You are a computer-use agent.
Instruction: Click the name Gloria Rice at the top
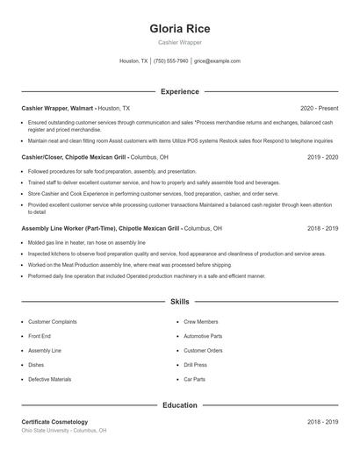pyautogui.click(x=179, y=28)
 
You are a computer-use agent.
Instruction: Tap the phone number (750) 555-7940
pyautogui.click(x=170, y=61)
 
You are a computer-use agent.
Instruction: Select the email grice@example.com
pyautogui.click(x=217, y=61)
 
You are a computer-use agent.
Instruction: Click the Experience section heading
pyautogui.click(x=179, y=91)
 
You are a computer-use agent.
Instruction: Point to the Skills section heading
pyautogui.click(x=179, y=301)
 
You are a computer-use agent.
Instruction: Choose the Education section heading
pyautogui.click(x=179, y=405)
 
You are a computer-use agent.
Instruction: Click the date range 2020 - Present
pyautogui.click(x=319, y=108)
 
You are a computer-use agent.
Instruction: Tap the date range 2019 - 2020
pyautogui.click(x=322, y=157)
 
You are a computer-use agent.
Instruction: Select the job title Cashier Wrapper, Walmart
pyautogui.click(x=58, y=108)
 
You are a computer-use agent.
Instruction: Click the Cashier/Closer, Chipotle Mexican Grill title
pyautogui.click(x=75, y=157)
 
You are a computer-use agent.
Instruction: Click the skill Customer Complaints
pyautogui.click(x=52, y=322)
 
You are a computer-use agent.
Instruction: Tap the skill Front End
pyautogui.click(x=40, y=336)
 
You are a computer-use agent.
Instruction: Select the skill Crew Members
pyautogui.click(x=201, y=322)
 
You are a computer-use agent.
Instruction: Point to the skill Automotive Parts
pyautogui.click(x=203, y=336)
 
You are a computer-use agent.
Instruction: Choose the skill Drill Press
pyautogui.click(x=195, y=365)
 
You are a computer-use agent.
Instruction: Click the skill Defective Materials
pyautogui.click(x=50, y=379)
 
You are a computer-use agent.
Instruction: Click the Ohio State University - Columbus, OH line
pyautogui.click(x=63, y=431)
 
